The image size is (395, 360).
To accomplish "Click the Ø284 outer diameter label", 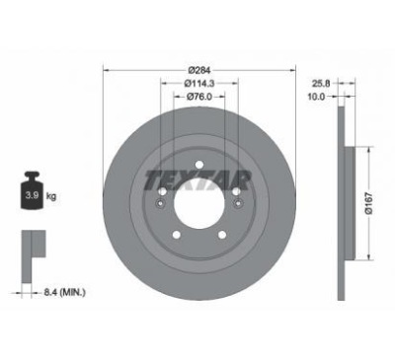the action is [199, 70].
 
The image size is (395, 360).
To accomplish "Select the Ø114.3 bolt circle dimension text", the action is [199, 84].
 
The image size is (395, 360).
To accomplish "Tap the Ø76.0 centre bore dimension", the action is [199, 97].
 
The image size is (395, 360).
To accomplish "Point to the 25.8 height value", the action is [321, 84].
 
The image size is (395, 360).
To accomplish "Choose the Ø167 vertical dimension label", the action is [369, 203].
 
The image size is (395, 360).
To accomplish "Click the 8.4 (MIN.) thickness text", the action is [64, 292].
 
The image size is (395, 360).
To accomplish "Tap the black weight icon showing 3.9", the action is [33, 190].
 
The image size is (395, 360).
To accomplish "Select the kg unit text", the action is [51, 196].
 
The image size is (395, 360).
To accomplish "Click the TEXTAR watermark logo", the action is [198, 180].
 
